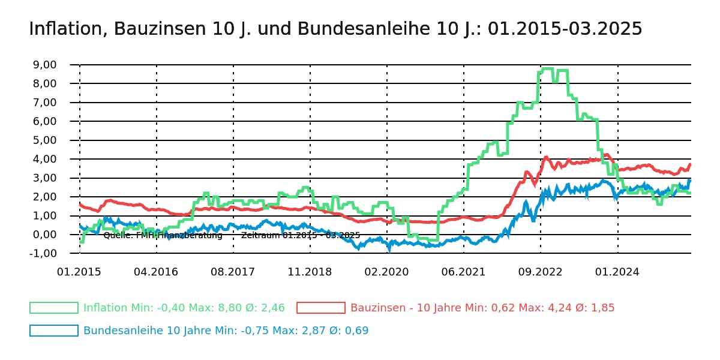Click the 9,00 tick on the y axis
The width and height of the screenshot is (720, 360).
43,65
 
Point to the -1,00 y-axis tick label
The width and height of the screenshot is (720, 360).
43,254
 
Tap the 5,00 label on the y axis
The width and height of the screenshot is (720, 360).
43,140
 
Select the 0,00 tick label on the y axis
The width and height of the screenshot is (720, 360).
43,235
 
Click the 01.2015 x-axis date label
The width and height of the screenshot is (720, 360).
79,272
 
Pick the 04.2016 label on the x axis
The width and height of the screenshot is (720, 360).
156,272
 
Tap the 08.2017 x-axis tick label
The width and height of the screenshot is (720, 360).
233,272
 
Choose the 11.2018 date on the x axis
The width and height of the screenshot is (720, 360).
310,272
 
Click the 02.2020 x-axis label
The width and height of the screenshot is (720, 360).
386,272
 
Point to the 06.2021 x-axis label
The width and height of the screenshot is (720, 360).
463,272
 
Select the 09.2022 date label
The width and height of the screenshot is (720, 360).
540,272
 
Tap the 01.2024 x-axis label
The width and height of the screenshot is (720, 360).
617,272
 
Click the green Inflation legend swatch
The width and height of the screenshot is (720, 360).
54,308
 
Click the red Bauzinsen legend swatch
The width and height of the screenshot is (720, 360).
321,308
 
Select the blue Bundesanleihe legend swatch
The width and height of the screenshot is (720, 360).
54,331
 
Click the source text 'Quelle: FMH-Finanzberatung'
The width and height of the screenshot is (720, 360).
163,236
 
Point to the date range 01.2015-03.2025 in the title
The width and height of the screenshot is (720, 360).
565,29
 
